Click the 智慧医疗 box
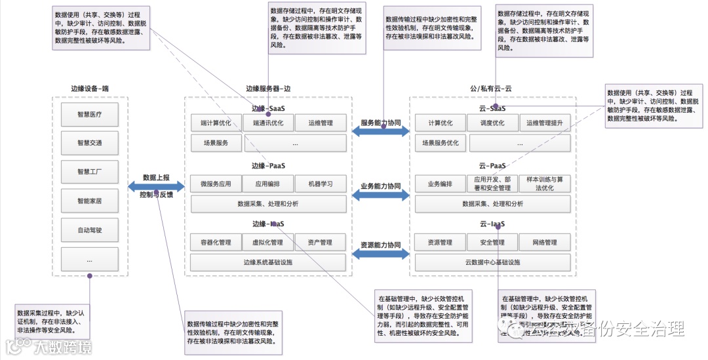pos(89,114)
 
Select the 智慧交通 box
pos(89,143)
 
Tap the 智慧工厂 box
pos(89,172)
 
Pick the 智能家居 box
pos(89,201)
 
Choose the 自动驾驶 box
pos(89,230)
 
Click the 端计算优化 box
pos(216,123)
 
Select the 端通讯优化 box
pos(268,123)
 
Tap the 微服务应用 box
pos(216,184)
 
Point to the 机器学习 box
pos(320,184)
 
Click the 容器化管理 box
pos(216,243)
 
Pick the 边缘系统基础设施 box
pos(267,262)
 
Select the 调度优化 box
pos(492,123)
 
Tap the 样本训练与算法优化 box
pos(544,184)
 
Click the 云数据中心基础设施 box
pos(492,262)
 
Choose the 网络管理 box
pos(544,243)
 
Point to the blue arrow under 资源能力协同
pos(380,255)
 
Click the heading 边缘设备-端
pos(90,88)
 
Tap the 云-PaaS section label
pos(492,166)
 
